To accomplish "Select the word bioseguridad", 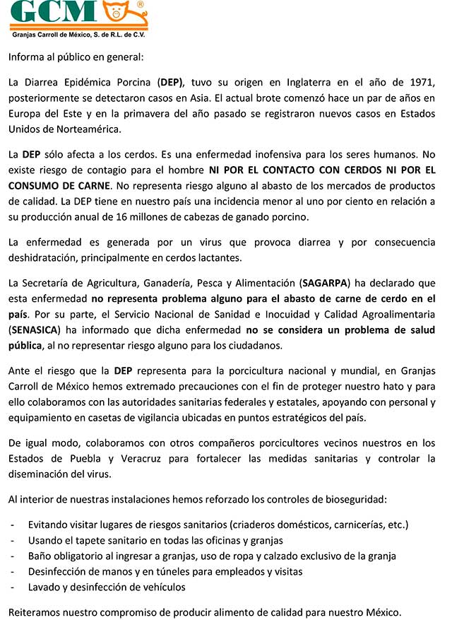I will pos(349,499).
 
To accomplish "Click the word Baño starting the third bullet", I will pos(41,556).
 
